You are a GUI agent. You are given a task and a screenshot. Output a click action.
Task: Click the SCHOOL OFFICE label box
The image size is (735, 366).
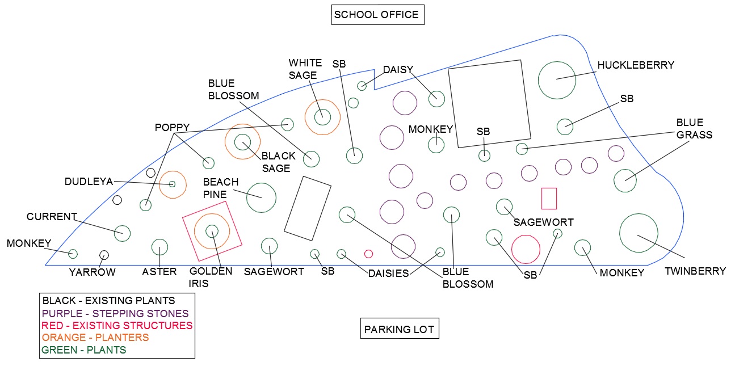coord(377,15)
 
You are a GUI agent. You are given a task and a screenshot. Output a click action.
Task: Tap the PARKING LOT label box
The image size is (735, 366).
coord(400,329)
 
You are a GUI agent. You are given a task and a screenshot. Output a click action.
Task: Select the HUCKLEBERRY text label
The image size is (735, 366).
coord(635,65)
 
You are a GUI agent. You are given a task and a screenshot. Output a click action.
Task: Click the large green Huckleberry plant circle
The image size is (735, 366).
coord(557,80)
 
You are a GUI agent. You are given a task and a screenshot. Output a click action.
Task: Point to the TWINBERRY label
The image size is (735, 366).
coord(695,271)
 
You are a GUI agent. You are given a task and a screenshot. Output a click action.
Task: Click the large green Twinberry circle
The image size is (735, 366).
coord(639,233)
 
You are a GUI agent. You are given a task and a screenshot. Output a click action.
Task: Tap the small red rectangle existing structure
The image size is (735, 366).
coord(549,199)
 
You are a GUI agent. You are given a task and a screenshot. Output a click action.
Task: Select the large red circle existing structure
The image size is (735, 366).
coord(526,250)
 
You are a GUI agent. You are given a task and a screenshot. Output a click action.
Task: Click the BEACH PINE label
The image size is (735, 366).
coord(221,188)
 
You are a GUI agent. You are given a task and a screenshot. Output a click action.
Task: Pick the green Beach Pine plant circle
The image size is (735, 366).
coord(261,197)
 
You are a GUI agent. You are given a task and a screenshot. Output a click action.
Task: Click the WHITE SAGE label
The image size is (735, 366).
coord(305,69)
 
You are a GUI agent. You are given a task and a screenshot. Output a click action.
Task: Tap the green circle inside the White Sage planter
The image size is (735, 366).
coord(322,116)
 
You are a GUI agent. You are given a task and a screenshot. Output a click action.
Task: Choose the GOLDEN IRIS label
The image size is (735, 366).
coord(211,277)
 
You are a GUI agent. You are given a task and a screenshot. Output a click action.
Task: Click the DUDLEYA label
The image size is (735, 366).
coord(89,182)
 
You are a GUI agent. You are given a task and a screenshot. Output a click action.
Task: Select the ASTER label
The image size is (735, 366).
coord(159,272)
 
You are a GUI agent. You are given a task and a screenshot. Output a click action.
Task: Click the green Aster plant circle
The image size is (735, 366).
coord(159,247)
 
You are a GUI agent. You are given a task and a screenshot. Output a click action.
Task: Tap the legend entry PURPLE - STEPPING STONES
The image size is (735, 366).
coord(115,313)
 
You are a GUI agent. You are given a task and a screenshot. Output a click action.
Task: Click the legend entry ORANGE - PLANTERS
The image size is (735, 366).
coord(95,338)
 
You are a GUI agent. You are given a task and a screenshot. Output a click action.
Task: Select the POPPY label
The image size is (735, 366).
coord(172,128)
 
